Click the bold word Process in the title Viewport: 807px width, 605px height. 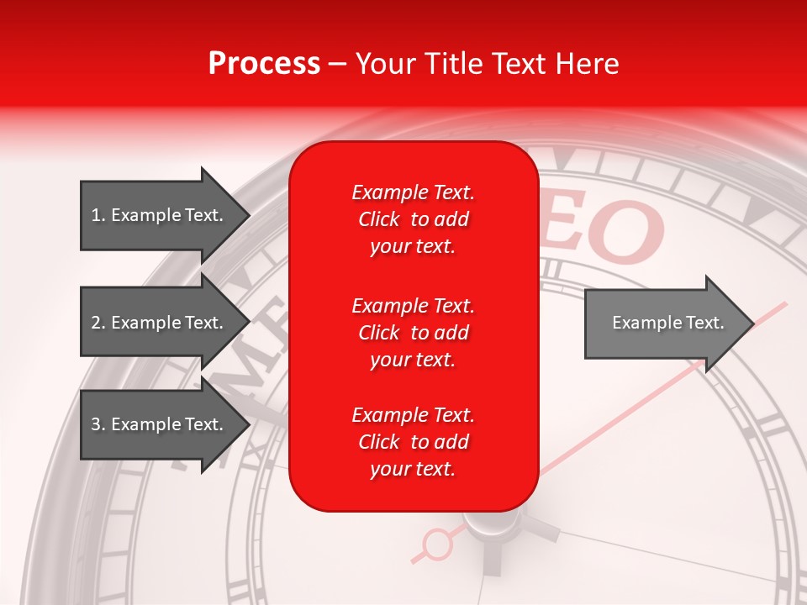pyautogui.click(x=264, y=64)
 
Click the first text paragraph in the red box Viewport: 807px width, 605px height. pyautogui.click(x=413, y=219)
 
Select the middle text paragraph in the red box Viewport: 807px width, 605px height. pyautogui.click(x=413, y=333)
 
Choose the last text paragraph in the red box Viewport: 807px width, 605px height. pyautogui.click(x=413, y=442)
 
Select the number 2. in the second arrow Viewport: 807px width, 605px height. pyautogui.click(x=98, y=323)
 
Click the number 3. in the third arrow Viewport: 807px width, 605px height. pyautogui.click(x=98, y=424)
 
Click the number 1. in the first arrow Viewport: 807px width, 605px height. pyautogui.click(x=98, y=215)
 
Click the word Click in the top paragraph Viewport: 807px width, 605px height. pyautogui.click(x=379, y=220)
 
